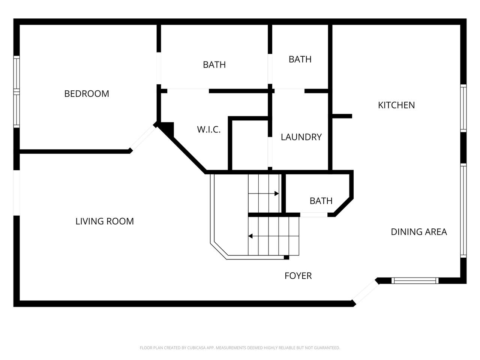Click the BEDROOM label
pyautogui.click(x=87, y=94)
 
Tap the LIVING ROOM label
pyautogui.click(x=105, y=221)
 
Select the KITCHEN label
pyautogui.click(x=396, y=105)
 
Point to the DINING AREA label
pyautogui.click(x=419, y=232)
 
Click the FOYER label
pyautogui.click(x=298, y=276)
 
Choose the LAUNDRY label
pyautogui.click(x=301, y=137)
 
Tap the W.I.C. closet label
pyautogui.click(x=208, y=130)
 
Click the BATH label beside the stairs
pyautogui.click(x=321, y=201)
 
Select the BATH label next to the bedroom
pyautogui.click(x=214, y=65)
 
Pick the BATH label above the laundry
pyautogui.click(x=300, y=60)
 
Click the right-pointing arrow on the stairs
pyautogui.click(x=264, y=193)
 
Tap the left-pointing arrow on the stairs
pyautogui.click(x=274, y=236)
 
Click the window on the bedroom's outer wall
pyautogui.click(x=16, y=92)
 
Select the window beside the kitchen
pyautogui.click(x=463, y=108)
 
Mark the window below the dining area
pyautogui.click(x=415, y=280)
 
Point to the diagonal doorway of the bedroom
pyautogui.click(x=143, y=138)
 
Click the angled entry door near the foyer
pyautogui.click(x=365, y=292)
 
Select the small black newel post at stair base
pyautogui.click(x=286, y=258)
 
